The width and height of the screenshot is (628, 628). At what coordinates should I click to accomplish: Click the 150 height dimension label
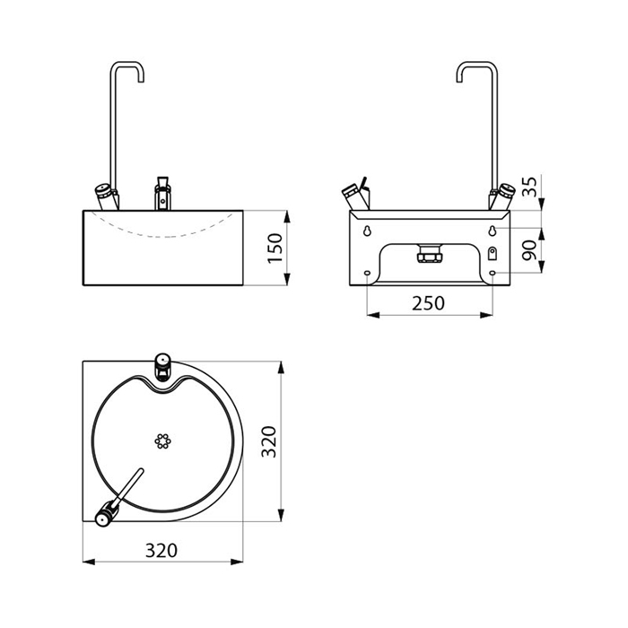(276, 249)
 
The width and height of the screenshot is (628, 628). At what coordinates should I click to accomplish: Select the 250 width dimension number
(429, 302)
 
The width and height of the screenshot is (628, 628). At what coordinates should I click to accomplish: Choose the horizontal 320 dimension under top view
(161, 549)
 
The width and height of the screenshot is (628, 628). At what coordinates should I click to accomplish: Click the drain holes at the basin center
(162, 440)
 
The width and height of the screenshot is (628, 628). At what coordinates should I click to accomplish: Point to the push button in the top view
(162, 362)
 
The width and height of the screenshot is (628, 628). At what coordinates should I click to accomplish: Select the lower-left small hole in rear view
(368, 275)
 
